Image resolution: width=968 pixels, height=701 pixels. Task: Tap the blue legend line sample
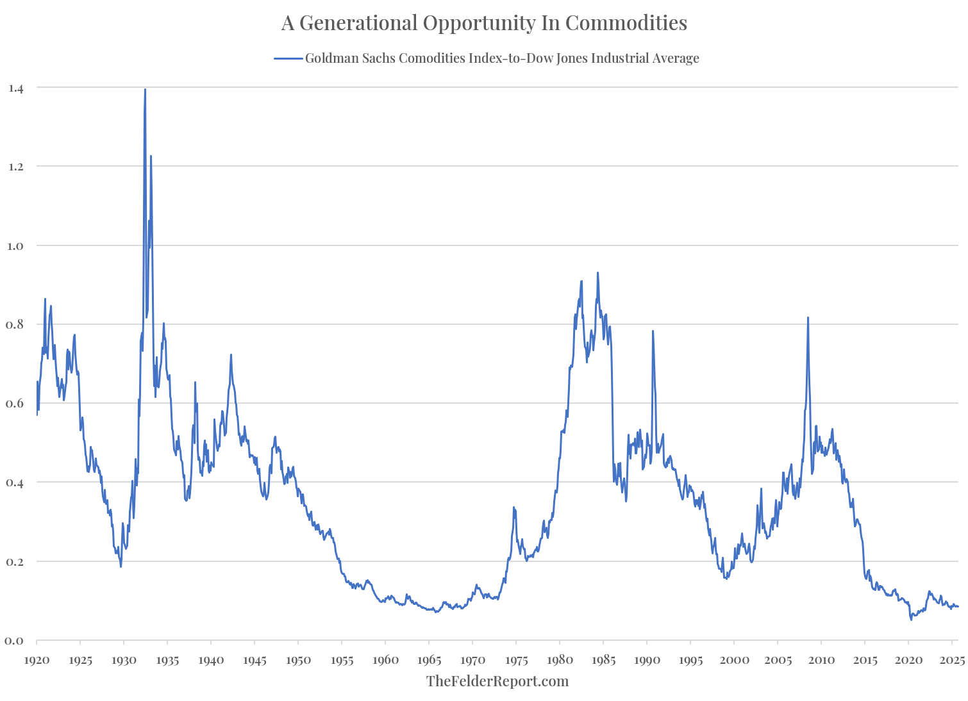pos(288,58)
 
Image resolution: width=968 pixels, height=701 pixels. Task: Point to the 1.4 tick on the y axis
pos(15,88)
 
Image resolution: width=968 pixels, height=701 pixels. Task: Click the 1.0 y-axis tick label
pos(15,245)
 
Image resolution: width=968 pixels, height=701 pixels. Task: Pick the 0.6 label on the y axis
pos(15,404)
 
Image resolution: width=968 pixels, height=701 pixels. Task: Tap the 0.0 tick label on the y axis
pos(15,641)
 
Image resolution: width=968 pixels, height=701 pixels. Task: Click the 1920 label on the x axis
pos(37,660)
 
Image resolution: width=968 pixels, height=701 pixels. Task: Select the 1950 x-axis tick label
pos(298,660)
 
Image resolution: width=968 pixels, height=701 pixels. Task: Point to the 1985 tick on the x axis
pos(603,660)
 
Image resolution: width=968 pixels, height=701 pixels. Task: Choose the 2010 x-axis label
pos(821,660)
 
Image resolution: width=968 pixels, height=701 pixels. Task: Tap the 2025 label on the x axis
pos(952,660)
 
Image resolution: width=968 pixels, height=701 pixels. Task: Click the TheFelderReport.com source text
pos(497,681)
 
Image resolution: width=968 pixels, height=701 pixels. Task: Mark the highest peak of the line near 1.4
pos(145,90)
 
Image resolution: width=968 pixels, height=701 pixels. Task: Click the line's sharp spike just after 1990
pos(653,331)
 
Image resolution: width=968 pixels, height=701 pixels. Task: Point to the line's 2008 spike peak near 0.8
pos(808,318)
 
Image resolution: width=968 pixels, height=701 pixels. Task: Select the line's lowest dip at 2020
pos(911,620)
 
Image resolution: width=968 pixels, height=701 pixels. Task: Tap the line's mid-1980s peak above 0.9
pos(597,273)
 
